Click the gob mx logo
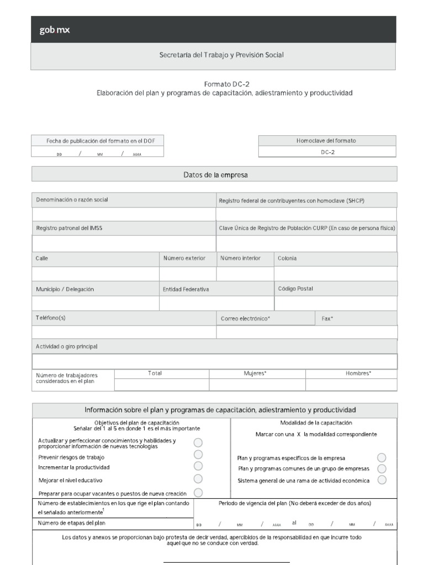point(55,30)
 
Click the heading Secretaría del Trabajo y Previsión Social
point(221,55)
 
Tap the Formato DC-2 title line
point(222,84)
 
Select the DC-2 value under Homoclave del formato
point(327,152)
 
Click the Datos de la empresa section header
point(215,175)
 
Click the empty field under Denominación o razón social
point(124,214)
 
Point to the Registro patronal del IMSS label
point(69,228)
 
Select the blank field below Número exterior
point(188,274)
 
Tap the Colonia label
point(287,258)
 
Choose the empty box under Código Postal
point(336,303)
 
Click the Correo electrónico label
point(245,319)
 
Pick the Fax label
point(328,319)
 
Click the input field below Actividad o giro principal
point(214,361)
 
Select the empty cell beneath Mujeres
point(257,385)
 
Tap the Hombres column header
point(358,374)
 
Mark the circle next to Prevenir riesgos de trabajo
point(198,455)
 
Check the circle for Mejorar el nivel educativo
point(198,479)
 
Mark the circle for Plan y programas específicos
point(381,457)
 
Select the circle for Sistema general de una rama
point(381,479)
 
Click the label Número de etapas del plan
point(72,523)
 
